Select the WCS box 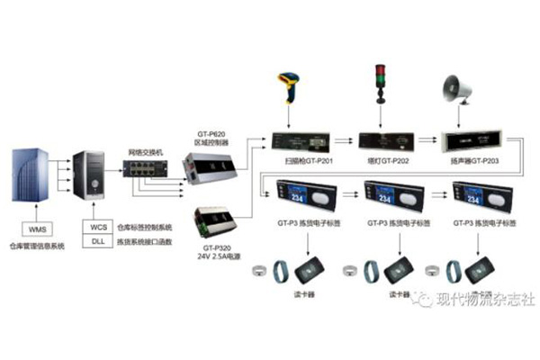tap(97, 227)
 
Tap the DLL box tap(97, 242)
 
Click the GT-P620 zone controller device tap(209, 168)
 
